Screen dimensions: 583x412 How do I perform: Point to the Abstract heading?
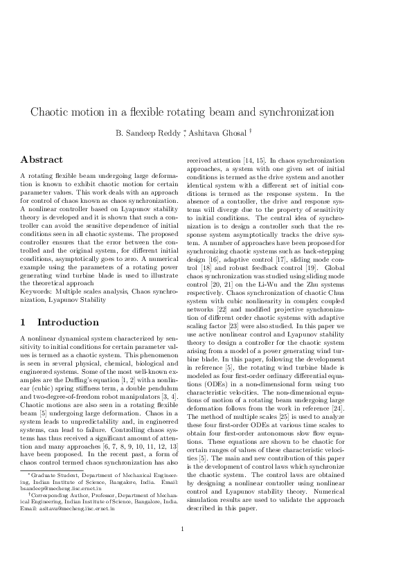(42, 159)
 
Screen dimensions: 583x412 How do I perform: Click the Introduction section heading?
(67, 322)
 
